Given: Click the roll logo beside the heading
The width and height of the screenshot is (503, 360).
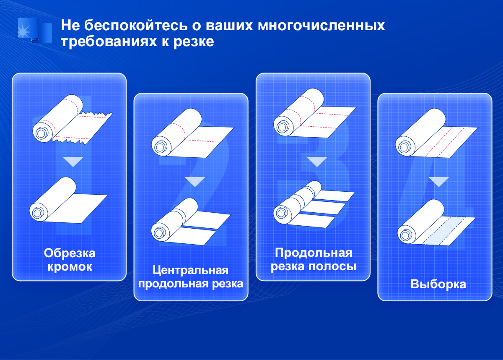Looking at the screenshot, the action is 35,30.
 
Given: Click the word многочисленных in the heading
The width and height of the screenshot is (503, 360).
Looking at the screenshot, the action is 322,25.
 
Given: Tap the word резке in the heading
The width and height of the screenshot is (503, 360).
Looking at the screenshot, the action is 194,42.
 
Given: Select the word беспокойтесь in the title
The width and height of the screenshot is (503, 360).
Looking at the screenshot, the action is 136,25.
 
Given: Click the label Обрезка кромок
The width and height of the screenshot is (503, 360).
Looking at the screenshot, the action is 70,260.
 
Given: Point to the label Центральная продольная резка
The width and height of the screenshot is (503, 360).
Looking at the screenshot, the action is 191,277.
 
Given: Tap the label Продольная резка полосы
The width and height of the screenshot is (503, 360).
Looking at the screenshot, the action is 314,260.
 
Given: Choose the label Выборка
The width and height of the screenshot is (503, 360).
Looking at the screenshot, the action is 438,284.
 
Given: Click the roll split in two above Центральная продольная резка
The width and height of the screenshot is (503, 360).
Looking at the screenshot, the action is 191,222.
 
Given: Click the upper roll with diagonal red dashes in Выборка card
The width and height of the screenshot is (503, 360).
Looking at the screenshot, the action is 436,133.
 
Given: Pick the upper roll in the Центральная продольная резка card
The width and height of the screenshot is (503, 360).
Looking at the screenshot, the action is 193,133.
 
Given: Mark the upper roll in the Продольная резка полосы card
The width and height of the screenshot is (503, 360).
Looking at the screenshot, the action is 315,113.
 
